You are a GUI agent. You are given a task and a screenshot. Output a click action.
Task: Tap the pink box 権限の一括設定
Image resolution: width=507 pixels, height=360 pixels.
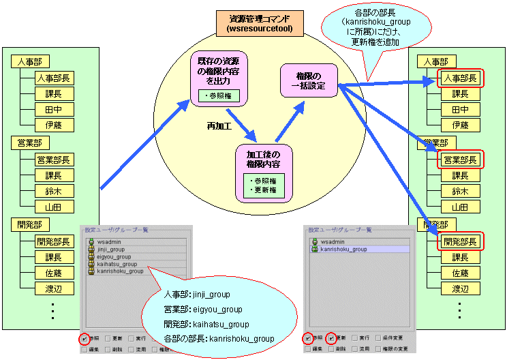coord(307,80)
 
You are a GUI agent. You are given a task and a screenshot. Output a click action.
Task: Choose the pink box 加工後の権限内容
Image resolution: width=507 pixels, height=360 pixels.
coord(264,172)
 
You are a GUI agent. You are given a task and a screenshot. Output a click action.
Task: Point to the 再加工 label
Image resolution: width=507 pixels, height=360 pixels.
coord(220,126)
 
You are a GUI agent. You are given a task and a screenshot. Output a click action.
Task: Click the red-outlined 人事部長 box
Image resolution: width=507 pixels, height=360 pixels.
coord(461,78)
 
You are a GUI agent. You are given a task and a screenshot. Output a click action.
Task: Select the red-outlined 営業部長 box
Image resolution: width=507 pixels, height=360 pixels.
coord(461,160)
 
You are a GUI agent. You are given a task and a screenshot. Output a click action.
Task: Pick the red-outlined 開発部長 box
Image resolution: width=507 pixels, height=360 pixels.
coord(461,241)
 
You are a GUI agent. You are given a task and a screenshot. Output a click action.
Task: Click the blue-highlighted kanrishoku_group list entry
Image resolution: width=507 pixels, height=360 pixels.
coord(343,250)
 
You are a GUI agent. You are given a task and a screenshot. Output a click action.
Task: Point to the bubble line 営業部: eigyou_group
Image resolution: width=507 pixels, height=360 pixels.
coord(203,310)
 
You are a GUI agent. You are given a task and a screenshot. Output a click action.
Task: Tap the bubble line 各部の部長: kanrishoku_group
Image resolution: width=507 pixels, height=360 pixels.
coord(219,338)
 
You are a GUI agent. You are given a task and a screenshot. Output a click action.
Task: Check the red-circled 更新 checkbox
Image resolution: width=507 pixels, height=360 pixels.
coord(332,337)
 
